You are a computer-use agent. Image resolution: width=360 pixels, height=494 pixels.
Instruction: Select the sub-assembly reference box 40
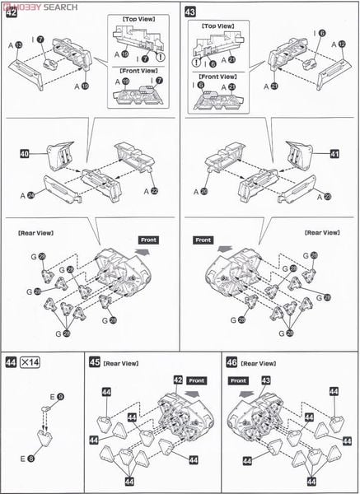click(x=26, y=153)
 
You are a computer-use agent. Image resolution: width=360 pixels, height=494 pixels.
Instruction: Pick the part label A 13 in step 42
click(x=16, y=46)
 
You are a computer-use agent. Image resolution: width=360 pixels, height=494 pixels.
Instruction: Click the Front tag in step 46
click(x=241, y=381)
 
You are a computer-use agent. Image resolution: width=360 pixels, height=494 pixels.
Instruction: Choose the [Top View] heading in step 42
click(x=135, y=16)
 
